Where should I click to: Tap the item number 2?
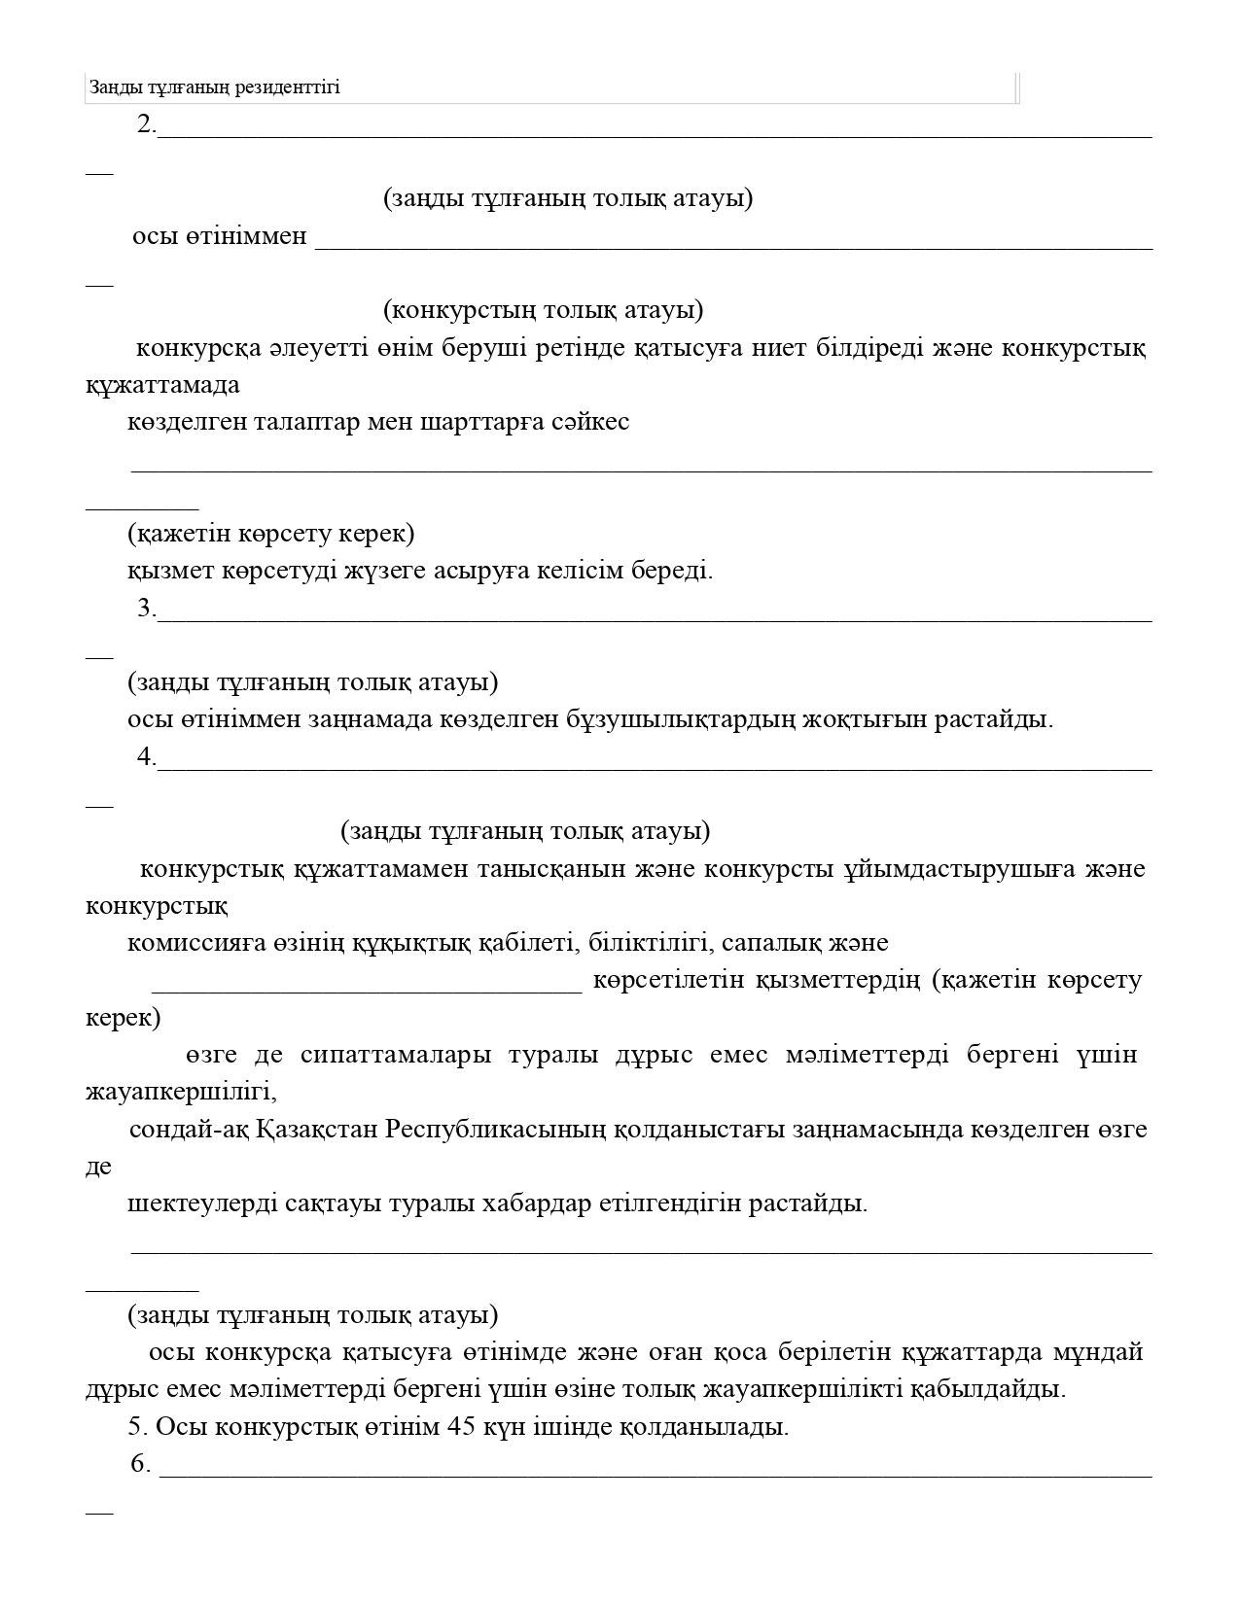146,124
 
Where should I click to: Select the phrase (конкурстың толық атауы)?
543,310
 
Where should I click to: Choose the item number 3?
146,609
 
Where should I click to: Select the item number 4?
146,757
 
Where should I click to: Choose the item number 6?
140,1464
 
